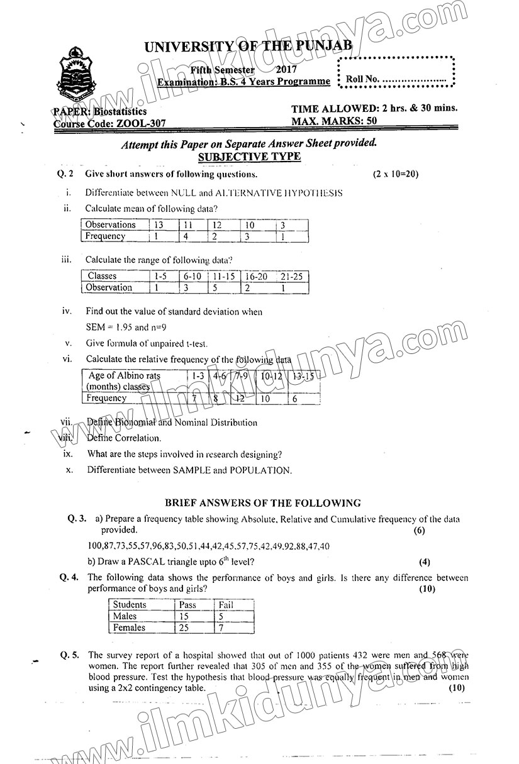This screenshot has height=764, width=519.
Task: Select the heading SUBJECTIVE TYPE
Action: pos(249,157)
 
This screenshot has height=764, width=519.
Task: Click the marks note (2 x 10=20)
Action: pos(395,174)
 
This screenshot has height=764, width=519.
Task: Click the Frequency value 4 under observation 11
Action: pos(186,236)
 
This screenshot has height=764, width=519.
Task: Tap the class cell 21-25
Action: pos(291,276)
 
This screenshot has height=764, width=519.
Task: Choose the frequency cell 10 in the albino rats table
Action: pos(266,398)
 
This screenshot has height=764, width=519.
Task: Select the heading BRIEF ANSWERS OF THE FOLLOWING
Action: pos(262,503)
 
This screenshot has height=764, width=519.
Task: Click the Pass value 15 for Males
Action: pos(184,616)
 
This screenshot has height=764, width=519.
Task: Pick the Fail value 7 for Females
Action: pos(220,628)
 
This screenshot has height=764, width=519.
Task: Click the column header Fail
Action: pos(225,605)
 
